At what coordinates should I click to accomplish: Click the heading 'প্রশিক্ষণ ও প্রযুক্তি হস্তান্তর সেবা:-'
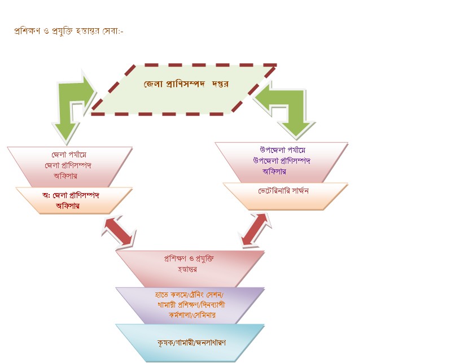[x=68, y=31]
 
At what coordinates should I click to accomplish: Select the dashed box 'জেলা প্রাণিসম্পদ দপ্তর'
[x=183, y=89]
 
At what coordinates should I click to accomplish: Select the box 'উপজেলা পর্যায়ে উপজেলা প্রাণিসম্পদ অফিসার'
[x=282, y=161]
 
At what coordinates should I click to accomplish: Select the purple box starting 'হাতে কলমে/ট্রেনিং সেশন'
[x=190, y=305]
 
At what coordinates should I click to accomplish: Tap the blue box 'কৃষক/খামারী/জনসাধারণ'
[x=191, y=342]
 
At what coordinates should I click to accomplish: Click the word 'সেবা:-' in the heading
[x=113, y=31]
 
